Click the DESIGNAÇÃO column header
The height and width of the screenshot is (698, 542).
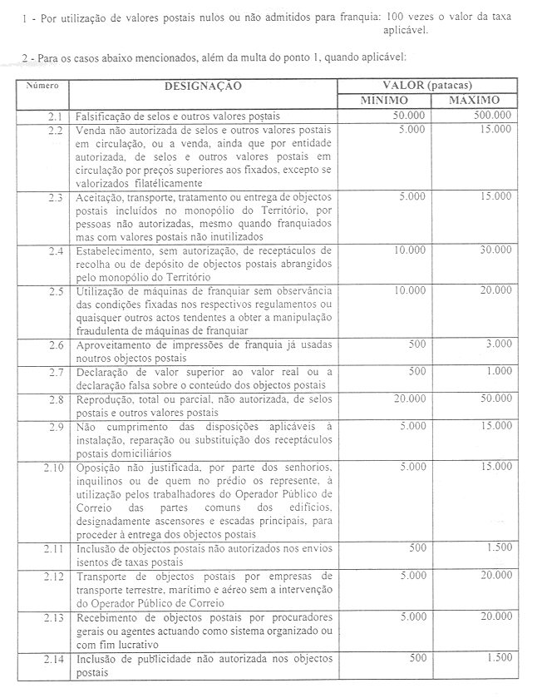(x=203, y=86)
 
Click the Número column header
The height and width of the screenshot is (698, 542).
(x=42, y=85)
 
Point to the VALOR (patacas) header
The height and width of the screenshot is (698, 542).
(x=427, y=86)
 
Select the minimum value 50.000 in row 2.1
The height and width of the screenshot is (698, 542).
(x=408, y=115)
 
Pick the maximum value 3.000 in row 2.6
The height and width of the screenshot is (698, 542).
(x=499, y=344)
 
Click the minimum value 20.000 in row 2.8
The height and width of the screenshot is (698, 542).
(x=408, y=399)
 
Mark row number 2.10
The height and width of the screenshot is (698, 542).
(x=53, y=468)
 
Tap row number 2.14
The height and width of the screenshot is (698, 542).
(x=52, y=658)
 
